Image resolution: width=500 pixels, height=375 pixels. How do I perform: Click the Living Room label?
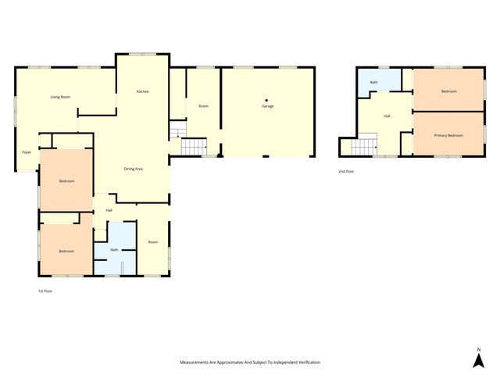click(60, 97)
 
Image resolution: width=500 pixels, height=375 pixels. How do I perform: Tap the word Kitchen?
click(143, 92)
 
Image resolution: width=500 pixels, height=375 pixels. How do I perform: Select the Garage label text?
click(267, 106)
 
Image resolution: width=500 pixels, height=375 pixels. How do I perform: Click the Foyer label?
click(26, 152)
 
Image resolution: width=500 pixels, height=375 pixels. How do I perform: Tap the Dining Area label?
click(133, 168)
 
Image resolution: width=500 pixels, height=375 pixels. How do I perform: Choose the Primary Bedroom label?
click(448, 136)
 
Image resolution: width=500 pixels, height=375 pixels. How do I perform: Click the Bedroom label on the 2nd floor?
click(448, 92)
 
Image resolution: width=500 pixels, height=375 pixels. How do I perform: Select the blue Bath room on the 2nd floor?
click(373, 82)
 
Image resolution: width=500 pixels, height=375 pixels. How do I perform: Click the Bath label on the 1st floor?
click(114, 250)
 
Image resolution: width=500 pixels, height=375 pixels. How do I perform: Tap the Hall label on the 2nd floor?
click(387, 116)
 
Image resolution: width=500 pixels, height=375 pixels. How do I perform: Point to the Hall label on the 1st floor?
click(109, 210)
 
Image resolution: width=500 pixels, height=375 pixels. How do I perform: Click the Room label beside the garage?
click(203, 106)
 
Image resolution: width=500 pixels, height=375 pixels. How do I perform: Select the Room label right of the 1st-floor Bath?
click(153, 242)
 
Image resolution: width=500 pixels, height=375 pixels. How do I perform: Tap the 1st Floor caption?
click(45, 291)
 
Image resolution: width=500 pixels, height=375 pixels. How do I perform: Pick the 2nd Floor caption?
click(346, 171)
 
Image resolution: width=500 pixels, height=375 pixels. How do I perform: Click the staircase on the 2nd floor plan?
click(364, 145)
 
